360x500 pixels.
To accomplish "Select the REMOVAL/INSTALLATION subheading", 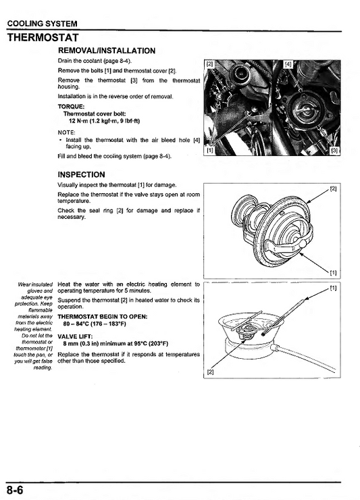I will [107, 51].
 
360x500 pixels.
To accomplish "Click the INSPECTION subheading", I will [82, 174].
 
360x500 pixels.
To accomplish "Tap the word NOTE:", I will [67, 132].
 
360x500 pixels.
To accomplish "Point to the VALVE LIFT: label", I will [76, 336].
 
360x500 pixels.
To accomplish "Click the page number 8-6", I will [16, 489].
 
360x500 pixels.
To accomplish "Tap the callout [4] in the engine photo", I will [289, 64].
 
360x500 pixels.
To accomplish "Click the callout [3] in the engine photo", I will [333, 151].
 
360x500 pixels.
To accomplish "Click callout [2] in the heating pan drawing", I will [210, 372].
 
